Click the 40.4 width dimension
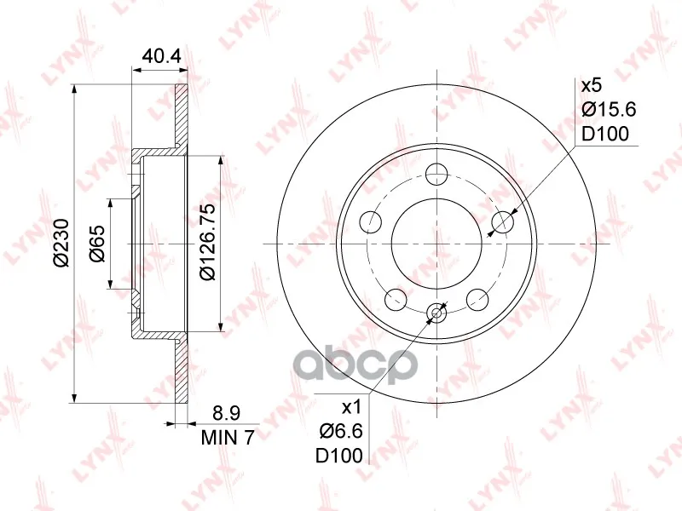click(x=161, y=57)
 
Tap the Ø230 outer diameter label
click(x=61, y=243)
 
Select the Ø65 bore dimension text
click(x=97, y=244)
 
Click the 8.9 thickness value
click(x=226, y=413)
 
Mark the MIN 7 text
click(x=227, y=438)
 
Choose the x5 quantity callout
click(x=591, y=86)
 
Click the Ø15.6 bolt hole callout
click(x=609, y=109)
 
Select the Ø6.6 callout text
click(x=341, y=432)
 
